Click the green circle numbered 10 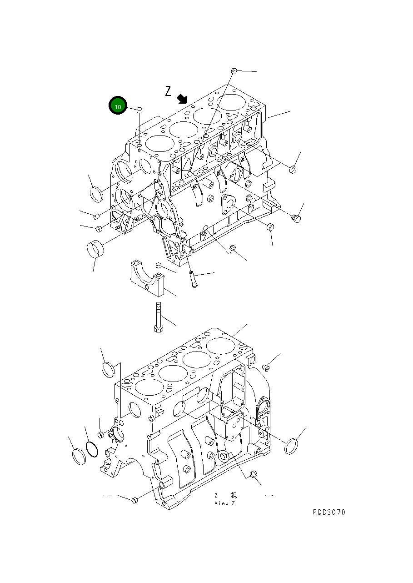(x=117, y=106)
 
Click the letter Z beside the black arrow (x=168, y=91)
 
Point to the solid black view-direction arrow (x=182, y=98)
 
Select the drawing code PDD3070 (x=329, y=512)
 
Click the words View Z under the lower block (x=225, y=503)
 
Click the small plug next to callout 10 (x=139, y=109)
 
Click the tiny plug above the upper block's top (x=234, y=70)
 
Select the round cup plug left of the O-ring (x=79, y=456)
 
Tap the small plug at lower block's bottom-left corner (x=134, y=500)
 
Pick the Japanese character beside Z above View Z (x=234, y=496)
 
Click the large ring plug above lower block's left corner (x=107, y=369)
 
